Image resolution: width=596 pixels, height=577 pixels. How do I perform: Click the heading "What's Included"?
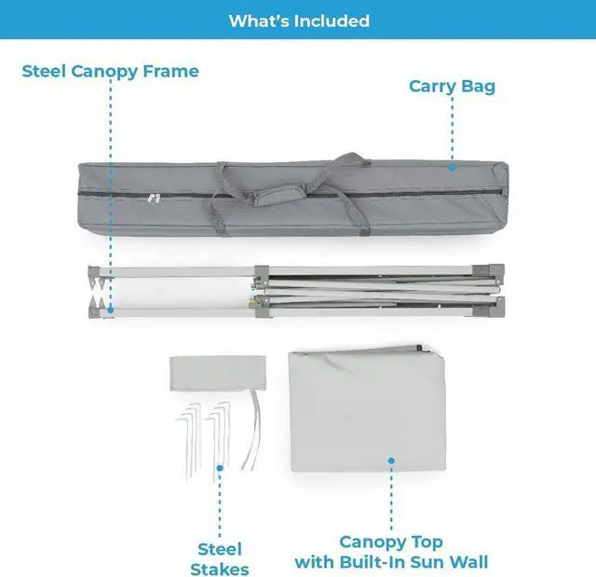point(298,21)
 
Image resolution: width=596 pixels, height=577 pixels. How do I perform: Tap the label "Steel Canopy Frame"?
point(111,71)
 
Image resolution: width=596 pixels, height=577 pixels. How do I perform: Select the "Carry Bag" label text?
point(452,87)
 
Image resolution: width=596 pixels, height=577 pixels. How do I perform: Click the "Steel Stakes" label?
point(220,558)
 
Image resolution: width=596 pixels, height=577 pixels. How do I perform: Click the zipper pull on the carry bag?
point(155,198)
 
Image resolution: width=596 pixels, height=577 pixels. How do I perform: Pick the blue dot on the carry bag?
point(452,168)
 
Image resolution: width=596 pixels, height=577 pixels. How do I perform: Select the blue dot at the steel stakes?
point(220,469)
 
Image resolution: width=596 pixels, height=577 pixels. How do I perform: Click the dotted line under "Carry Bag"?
point(452,131)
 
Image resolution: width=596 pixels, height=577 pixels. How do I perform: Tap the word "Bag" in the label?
point(479,87)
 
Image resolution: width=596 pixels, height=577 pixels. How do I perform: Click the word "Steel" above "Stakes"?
point(220,549)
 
